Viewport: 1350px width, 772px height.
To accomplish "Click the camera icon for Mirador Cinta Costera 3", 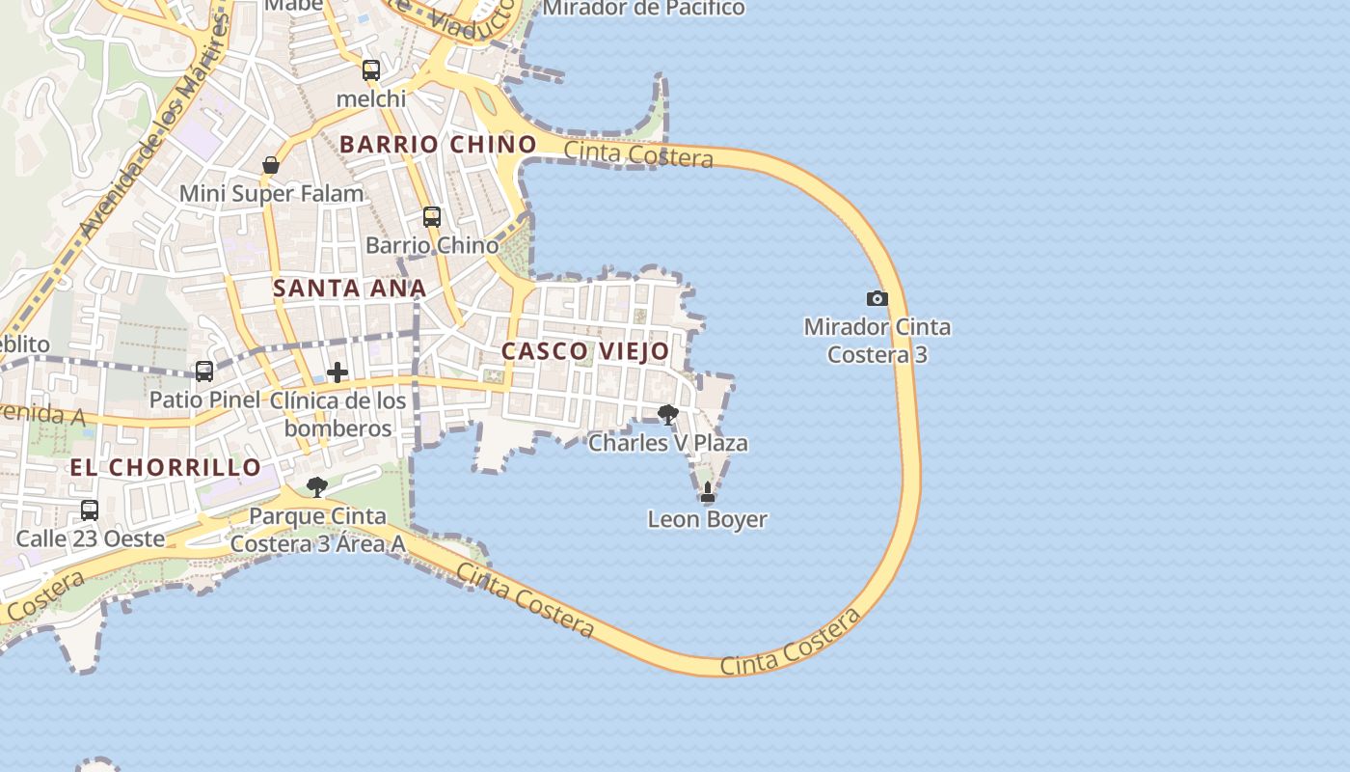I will coord(877,298).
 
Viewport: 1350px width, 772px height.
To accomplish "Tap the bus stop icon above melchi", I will coord(371,69).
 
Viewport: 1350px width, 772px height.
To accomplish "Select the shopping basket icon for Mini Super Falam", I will coord(271,165).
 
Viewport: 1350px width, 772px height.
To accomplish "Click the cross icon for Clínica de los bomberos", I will coord(337,372).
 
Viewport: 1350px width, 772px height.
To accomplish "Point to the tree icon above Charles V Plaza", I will coord(667,415).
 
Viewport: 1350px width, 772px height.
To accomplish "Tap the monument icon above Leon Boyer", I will coord(708,492).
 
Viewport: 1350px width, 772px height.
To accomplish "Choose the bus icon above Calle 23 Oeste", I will coord(90,510).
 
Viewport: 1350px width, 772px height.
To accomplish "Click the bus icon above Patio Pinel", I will coord(204,371).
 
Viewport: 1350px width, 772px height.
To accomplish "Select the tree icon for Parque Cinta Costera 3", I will coord(316,487).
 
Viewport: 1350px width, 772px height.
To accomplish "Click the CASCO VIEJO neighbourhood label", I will coord(585,351).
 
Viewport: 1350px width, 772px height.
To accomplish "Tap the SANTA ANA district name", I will coord(349,289).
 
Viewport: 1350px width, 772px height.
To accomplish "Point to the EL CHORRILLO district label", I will coord(166,467).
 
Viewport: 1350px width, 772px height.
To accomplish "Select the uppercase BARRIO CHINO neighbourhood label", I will coord(438,145).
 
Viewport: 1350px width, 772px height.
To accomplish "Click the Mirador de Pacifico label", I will coord(644,9).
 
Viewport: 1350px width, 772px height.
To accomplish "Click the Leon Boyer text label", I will coord(708,519).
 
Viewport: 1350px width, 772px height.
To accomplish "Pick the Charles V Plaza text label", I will coord(668,443).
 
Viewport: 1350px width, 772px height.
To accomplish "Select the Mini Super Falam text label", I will coord(272,193).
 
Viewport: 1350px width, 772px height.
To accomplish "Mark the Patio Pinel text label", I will coord(204,400).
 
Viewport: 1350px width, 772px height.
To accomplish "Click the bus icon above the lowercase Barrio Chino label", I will coord(432,217).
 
